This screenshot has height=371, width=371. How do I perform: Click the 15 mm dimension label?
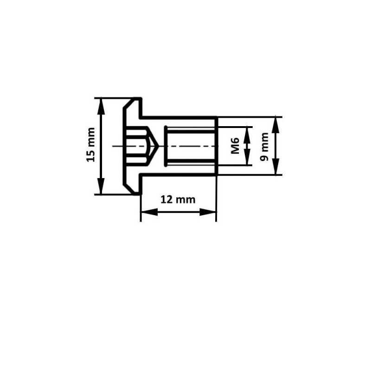(x=91, y=145)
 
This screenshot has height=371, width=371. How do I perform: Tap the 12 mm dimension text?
(x=178, y=200)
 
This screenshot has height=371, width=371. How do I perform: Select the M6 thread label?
(x=235, y=146)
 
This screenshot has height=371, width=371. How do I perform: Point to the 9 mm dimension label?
(x=264, y=147)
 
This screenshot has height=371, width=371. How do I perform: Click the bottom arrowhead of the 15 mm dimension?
(x=101, y=186)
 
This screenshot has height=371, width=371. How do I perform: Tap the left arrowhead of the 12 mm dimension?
(x=149, y=212)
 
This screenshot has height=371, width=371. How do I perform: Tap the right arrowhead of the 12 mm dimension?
(x=208, y=212)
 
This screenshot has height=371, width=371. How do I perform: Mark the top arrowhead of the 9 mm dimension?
(x=275, y=125)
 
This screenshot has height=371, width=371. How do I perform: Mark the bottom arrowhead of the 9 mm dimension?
(x=275, y=166)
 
